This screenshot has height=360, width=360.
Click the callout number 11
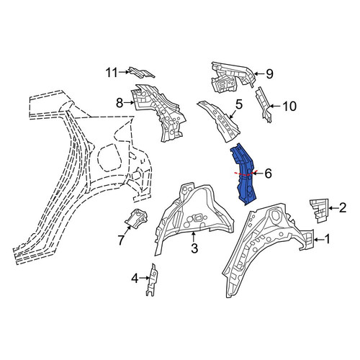click(x=112, y=72)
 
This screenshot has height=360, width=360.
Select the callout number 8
click(x=120, y=104)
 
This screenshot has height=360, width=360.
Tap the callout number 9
click(x=269, y=74)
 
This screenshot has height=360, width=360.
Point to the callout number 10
click(x=290, y=106)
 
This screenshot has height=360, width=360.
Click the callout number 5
click(x=239, y=104)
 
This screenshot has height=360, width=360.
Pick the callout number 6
click(x=268, y=174)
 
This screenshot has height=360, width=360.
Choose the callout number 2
click(x=343, y=208)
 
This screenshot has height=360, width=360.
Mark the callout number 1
click(x=327, y=239)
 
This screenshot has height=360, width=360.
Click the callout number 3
click(x=194, y=248)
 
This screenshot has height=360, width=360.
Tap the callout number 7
click(x=121, y=240)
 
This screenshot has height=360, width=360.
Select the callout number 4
click(x=135, y=279)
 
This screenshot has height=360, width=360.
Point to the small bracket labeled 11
click(x=141, y=72)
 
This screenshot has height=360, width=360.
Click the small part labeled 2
click(x=319, y=211)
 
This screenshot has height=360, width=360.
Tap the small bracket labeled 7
click(x=136, y=218)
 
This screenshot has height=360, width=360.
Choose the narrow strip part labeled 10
click(x=264, y=105)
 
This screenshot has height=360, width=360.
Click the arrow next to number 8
click(x=129, y=103)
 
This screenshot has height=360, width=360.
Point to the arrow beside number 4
click(x=145, y=278)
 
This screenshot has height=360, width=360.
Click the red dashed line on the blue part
click(x=246, y=174)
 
